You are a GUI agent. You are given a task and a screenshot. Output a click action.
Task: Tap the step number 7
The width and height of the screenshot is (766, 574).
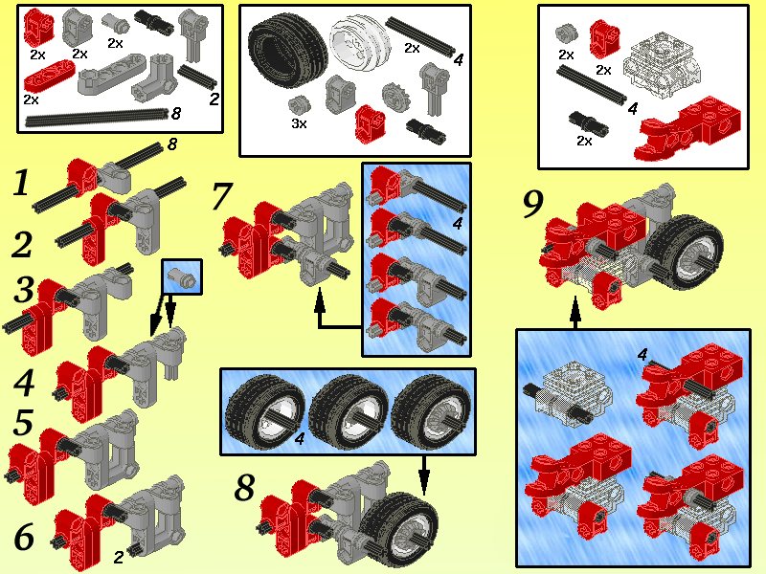(x=221, y=197)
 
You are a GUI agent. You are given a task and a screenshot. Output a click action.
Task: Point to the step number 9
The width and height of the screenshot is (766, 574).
(x=534, y=204)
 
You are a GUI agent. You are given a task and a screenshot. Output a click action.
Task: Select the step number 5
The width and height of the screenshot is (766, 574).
(x=24, y=424)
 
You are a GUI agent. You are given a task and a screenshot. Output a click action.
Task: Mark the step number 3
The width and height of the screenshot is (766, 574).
(x=24, y=290)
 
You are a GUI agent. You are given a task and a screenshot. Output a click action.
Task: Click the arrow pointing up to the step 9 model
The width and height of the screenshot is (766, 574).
(x=574, y=313)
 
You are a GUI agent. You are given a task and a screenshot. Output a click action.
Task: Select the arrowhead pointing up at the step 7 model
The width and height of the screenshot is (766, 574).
(x=320, y=300)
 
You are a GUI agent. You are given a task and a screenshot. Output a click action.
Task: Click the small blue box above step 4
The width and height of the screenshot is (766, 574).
(x=182, y=277)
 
